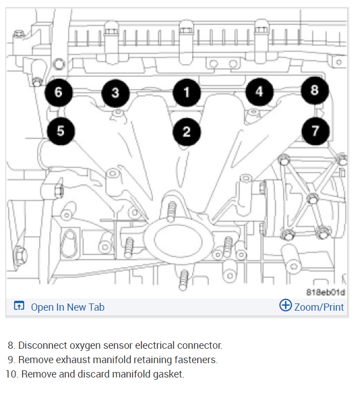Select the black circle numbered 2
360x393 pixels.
click(187, 131)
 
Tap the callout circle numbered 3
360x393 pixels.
click(115, 93)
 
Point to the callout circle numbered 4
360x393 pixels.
click(259, 92)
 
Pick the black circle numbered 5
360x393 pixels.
click(60, 131)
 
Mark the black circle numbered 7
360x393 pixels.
click(315, 131)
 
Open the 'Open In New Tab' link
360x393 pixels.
click(67, 307)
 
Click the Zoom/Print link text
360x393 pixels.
click(319, 307)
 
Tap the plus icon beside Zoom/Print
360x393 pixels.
click(285, 306)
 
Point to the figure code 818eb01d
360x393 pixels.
click(325, 292)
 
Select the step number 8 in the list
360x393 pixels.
click(11, 345)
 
